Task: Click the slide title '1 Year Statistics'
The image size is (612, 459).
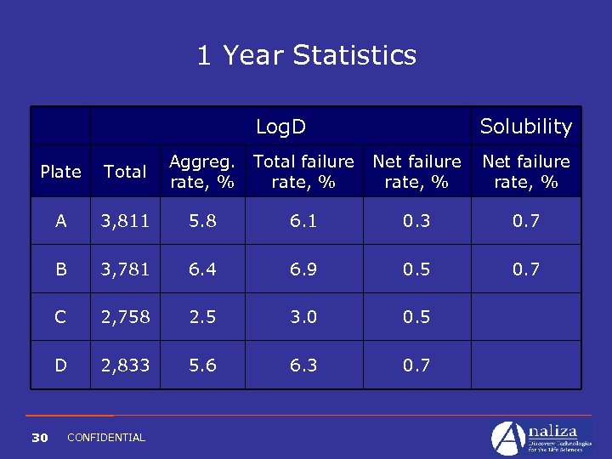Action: click(x=306, y=55)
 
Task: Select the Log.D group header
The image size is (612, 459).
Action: click(x=280, y=127)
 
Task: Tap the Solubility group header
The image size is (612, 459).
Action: click(x=525, y=127)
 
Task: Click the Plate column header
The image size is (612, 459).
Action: click(x=61, y=172)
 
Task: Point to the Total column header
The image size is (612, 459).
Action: click(x=125, y=172)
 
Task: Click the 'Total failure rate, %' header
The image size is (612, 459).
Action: click(x=303, y=172)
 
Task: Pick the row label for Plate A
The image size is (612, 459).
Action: click(x=61, y=221)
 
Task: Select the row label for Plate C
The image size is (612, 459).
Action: click(x=61, y=317)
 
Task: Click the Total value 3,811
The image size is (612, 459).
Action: click(x=125, y=221)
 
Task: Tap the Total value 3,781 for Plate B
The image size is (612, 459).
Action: click(x=125, y=269)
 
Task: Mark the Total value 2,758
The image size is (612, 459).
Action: click(x=125, y=317)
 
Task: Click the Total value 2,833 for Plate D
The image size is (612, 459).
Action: click(x=125, y=365)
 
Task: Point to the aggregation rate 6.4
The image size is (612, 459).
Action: click(x=201, y=269)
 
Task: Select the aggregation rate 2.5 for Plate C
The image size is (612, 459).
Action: click(x=201, y=317)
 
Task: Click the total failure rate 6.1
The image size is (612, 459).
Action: click(x=303, y=221)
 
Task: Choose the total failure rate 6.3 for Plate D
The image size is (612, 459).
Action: click(x=303, y=365)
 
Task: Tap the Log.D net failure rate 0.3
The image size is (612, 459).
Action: click(x=416, y=221)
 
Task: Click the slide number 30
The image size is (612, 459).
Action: click(x=39, y=438)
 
